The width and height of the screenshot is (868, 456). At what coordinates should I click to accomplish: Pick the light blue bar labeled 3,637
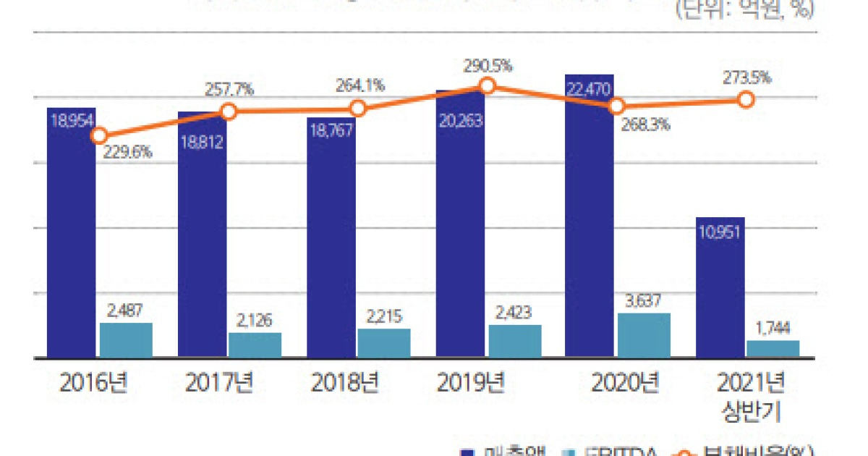(x=644, y=335)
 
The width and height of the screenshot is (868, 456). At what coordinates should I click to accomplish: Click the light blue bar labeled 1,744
(x=773, y=348)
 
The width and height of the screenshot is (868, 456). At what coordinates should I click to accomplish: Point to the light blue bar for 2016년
(x=126, y=339)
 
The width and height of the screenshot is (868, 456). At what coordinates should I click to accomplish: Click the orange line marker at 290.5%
(x=488, y=86)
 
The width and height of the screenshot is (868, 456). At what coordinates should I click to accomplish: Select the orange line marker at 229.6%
(x=100, y=135)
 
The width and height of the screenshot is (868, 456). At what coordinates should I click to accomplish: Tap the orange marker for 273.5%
(x=746, y=99)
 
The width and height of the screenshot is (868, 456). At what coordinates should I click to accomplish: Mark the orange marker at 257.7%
(x=229, y=111)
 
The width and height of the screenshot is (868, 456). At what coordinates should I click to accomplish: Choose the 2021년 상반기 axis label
(x=752, y=397)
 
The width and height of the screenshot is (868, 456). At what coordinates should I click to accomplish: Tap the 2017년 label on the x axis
(x=218, y=383)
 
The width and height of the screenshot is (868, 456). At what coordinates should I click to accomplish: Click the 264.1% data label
(x=359, y=85)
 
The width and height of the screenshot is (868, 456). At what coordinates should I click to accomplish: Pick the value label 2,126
(x=255, y=319)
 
